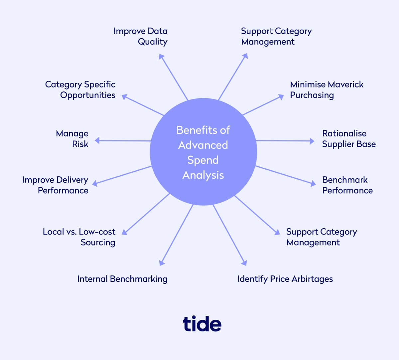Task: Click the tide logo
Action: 202,323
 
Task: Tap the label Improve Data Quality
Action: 140,37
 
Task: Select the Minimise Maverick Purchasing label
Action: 327,90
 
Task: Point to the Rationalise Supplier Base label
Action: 349,139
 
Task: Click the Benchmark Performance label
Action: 347,185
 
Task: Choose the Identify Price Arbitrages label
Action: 285,279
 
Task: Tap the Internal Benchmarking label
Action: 122,279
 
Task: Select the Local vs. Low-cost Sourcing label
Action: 79,237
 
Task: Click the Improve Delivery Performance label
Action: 55,185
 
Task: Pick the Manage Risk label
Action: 72,139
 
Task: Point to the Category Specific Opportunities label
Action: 80,90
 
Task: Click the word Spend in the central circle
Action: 203,160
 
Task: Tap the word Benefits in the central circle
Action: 194,130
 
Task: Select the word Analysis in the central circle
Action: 203,175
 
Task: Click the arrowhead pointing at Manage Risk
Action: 97,140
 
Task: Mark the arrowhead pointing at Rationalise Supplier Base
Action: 312,141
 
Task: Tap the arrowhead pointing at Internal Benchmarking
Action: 162,263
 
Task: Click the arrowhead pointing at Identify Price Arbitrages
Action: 244,263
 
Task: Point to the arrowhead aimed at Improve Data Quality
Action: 161,57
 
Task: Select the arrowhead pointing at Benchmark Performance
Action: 313,183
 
